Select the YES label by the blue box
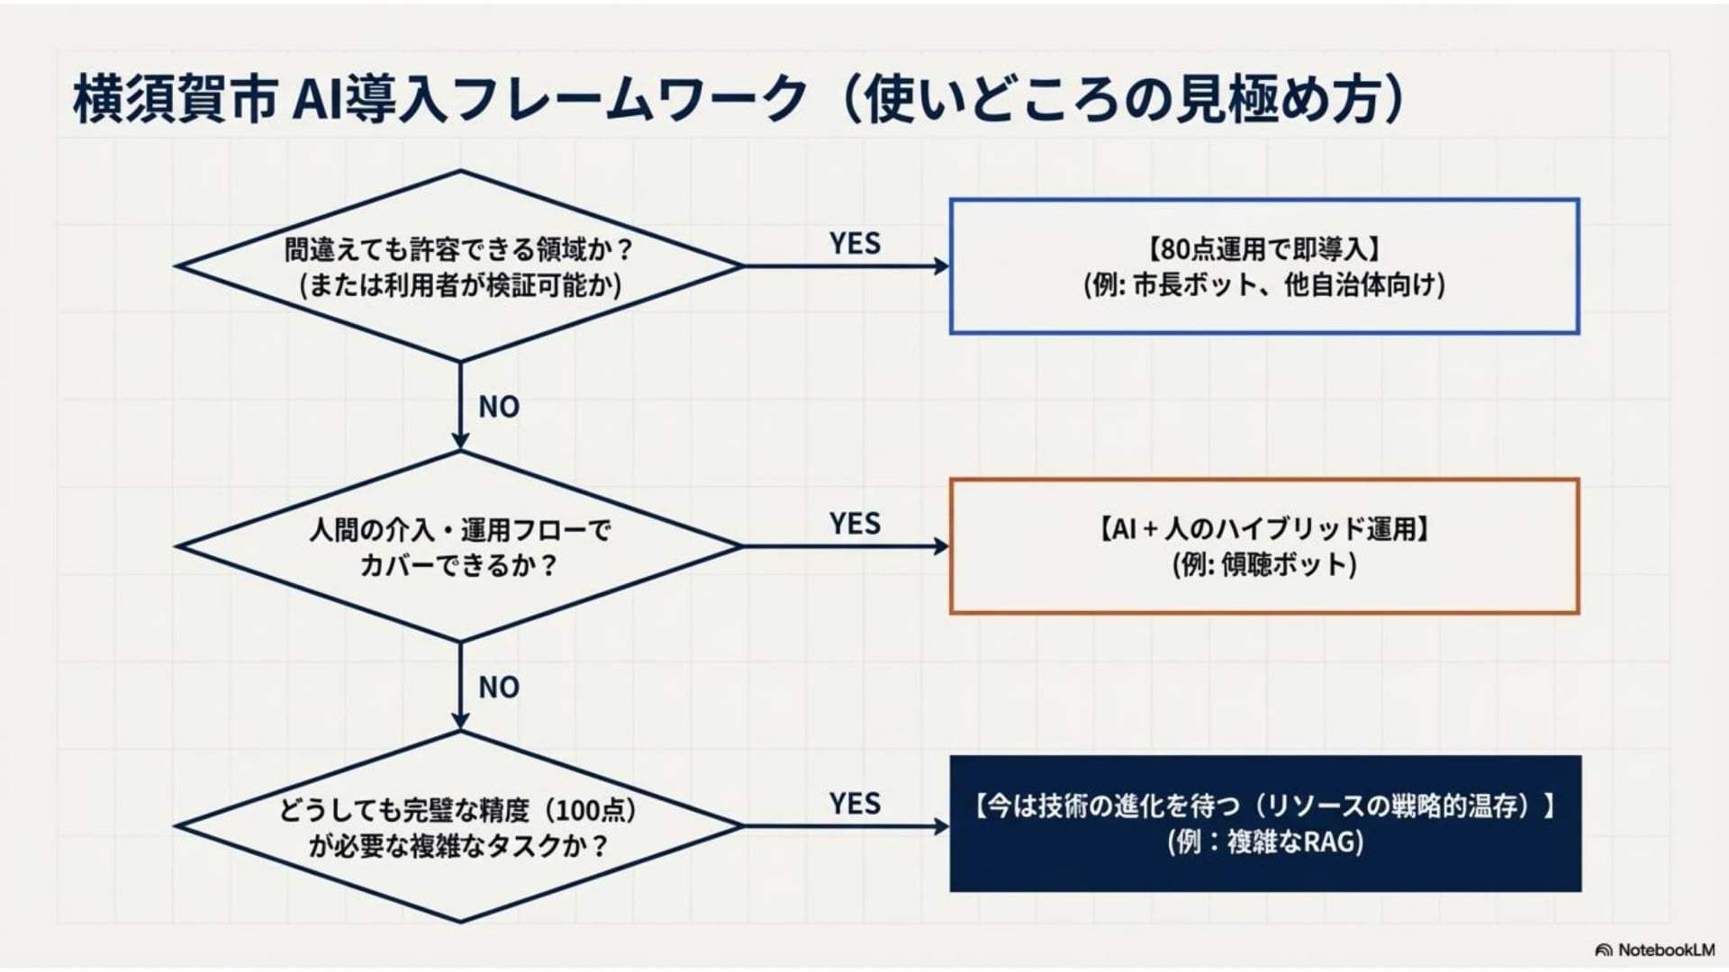click(855, 243)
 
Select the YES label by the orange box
click(855, 523)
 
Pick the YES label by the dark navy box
click(855, 803)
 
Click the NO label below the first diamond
click(499, 407)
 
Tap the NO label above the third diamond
click(499, 688)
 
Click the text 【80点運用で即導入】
click(1264, 248)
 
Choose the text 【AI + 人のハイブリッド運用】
click(1264, 528)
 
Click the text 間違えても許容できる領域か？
click(460, 249)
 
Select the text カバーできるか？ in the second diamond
click(459, 565)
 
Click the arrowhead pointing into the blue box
click(942, 266)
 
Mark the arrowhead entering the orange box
click(942, 546)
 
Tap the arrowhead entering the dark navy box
click(942, 826)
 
